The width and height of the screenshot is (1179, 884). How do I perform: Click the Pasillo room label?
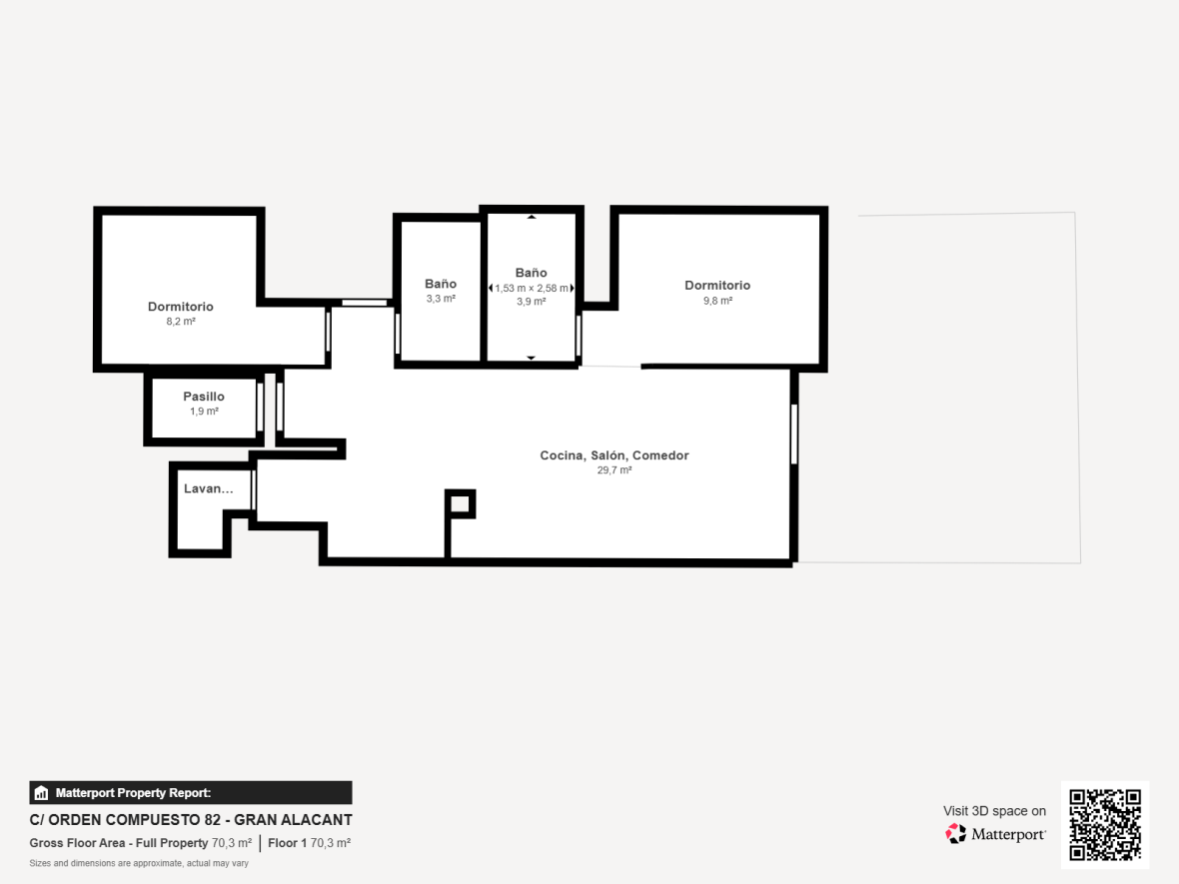[204, 397]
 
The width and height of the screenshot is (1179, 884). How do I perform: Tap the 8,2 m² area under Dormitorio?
[181, 321]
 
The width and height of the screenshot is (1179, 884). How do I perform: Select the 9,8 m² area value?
[717, 300]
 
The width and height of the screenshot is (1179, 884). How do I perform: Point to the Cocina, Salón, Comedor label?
[614, 454]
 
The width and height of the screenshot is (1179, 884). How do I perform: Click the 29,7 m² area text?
[614, 469]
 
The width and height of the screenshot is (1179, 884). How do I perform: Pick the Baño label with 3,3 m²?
[441, 284]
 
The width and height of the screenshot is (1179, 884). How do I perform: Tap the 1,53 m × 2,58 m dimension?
[532, 288]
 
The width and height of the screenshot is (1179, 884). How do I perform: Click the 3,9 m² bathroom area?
[531, 302]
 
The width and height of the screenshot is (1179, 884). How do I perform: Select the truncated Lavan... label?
[208, 487]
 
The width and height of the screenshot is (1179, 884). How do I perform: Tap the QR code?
[1104, 825]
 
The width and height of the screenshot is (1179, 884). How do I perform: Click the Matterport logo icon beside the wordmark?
[955, 834]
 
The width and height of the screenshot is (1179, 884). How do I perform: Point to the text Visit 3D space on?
[994, 810]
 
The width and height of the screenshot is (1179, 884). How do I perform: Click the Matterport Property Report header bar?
[190, 792]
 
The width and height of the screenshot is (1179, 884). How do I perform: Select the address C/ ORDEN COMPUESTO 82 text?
[124, 819]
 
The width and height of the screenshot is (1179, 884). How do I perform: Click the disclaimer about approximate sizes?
[139, 863]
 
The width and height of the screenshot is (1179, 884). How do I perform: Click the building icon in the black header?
[41, 792]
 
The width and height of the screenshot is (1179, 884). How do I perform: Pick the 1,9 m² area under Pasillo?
[204, 412]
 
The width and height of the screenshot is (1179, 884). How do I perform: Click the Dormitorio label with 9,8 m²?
[717, 285]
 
